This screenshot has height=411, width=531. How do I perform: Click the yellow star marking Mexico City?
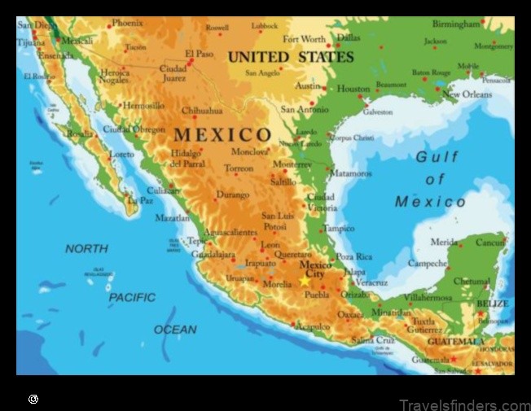pyautogui.click(x=305, y=280)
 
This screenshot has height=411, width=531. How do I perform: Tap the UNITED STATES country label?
pyautogui.click(x=291, y=57)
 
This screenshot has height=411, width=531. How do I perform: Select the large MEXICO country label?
pyautogui.click(x=222, y=134)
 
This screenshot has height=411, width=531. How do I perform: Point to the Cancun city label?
pyautogui.click(x=491, y=243)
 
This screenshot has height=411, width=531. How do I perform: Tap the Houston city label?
pyautogui.click(x=353, y=89)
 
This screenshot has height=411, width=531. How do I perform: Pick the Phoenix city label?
pyautogui.click(x=128, y=23)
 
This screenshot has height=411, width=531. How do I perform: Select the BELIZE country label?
pyautogui.click(x=492, y=304)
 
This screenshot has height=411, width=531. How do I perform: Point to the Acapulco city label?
pyautogui.click(x=314, y=326)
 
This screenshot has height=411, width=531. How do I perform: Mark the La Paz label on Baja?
pyautogui.click(x=140, y=199)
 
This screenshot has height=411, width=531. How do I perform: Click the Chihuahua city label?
pyautogui.click(x=201, y=110)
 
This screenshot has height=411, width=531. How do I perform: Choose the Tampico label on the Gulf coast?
pyautogui.click(x=338, y=229)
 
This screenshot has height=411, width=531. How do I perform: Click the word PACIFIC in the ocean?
pyautogui.click(x=132, y=298)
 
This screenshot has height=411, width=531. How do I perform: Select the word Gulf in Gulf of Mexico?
pyautogui.click(x=437, y=157)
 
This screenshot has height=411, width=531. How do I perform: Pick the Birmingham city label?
pyautogui.click(x=456, y=24)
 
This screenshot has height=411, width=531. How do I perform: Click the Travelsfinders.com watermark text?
pyautogui.click(x=465, y=404)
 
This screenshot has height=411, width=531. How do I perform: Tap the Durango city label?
pyautogui.click(x=233, y=195)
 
